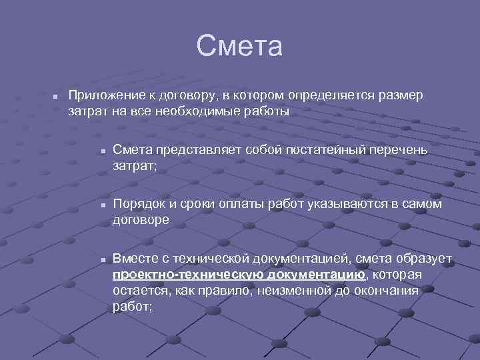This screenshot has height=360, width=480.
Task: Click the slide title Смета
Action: [240, 47]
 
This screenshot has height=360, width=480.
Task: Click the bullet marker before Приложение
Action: [57, 97]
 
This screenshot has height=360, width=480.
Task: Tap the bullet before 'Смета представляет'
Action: [103, 151]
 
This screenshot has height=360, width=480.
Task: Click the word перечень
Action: [399, 149]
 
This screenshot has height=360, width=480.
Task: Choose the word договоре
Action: [141, 219]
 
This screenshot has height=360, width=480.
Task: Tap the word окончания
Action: [386, 291]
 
